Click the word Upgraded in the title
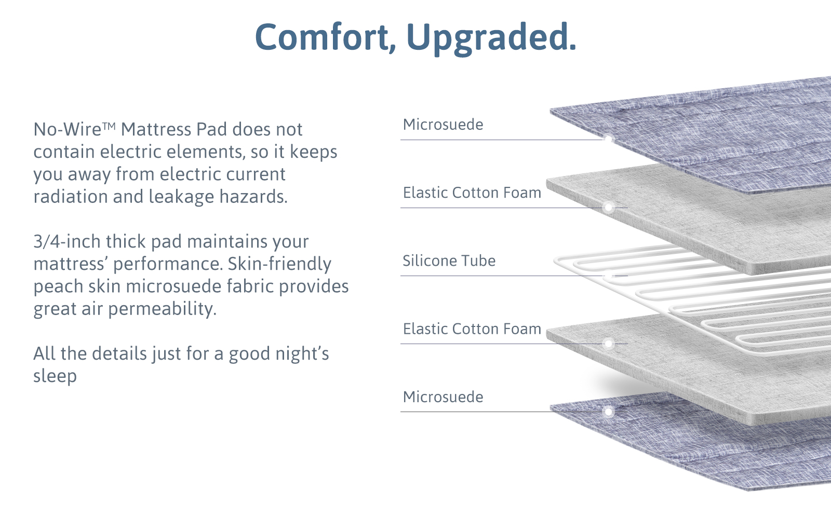click(491, 37)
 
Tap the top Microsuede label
click(443, 125)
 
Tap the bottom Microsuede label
click(443, 397)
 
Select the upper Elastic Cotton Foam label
click(472, 193)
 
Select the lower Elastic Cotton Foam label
click(472, 329)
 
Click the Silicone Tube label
click(449, 261)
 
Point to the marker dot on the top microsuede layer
click(608, 139)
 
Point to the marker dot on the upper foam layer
click(608, 208)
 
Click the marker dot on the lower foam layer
click(608, 344)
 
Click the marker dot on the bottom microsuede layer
click(608, 412)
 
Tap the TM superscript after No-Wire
click(109, 126)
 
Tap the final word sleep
click(55, 376)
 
